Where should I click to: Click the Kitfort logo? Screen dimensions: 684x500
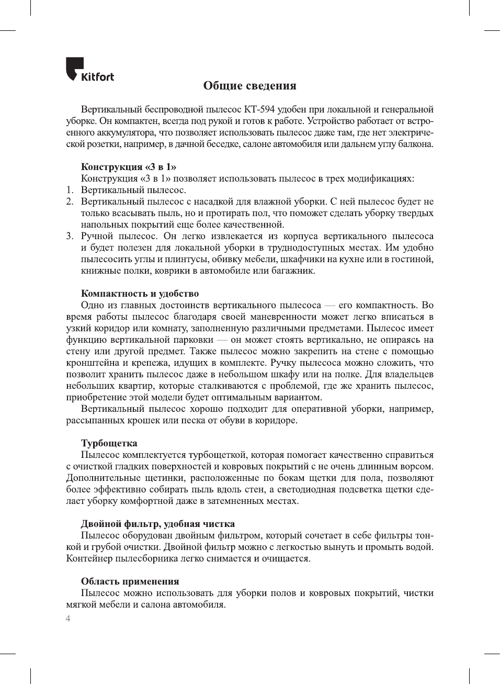pyautogui.click(x=89, y=70)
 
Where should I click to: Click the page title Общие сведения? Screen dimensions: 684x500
pyautogui.click(x=249, y=86)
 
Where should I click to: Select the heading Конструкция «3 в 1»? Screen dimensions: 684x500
pyautogui.click(x=128, y=167)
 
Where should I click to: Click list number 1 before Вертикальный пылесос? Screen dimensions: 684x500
pyautogui.click(x=70, y=190)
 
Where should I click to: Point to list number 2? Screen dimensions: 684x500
pyautogui.click(x=70, y=201)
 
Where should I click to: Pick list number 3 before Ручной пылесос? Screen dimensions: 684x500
pyautogui.click(x=70, y=236)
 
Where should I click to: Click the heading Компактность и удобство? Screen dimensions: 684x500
pyautogui.click(x=140, y=294)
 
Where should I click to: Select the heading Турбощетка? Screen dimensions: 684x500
pyautogui.click(x=109, y=443)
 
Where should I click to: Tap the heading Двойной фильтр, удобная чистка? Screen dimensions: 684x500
pyautogui.click(x=157, y=524)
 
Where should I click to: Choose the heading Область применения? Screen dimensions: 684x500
pyautogui.click(x=130, y=581)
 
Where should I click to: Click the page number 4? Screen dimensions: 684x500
pyautogui.click(x=68, y=619)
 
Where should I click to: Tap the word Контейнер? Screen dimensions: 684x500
pyautogui.click(x=89, y=558)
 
